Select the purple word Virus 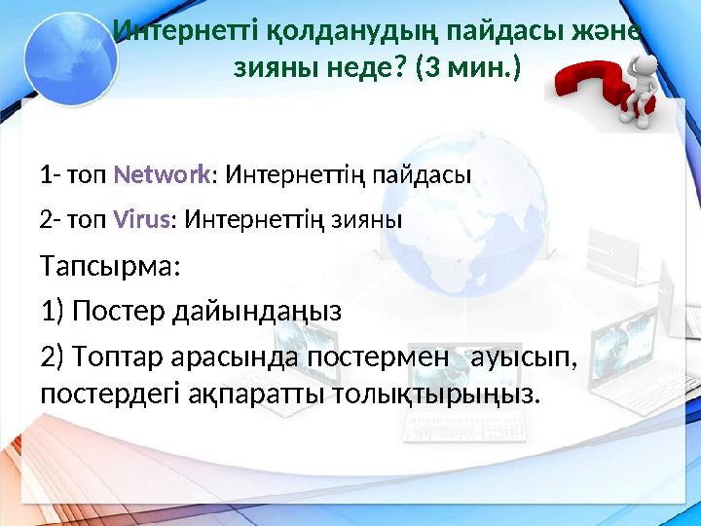[142, 219]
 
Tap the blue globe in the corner [69, 54]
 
